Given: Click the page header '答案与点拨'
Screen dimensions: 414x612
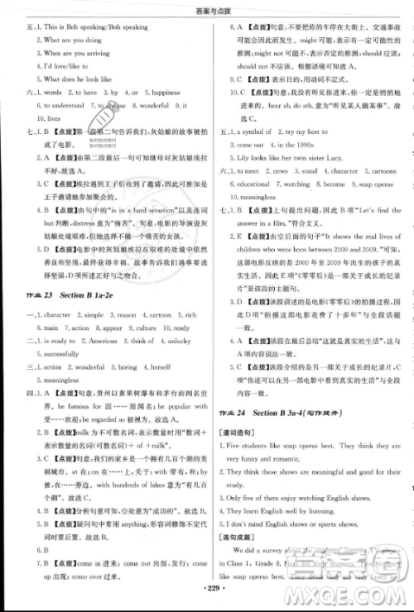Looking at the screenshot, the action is click(206, 7).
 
